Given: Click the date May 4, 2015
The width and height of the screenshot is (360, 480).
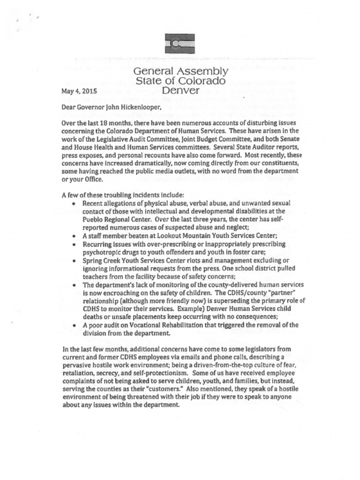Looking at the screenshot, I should coord(79,91).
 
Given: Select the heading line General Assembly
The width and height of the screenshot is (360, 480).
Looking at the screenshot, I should coord(180,72).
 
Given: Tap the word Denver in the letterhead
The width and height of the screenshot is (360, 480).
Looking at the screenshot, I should coord(180,90).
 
